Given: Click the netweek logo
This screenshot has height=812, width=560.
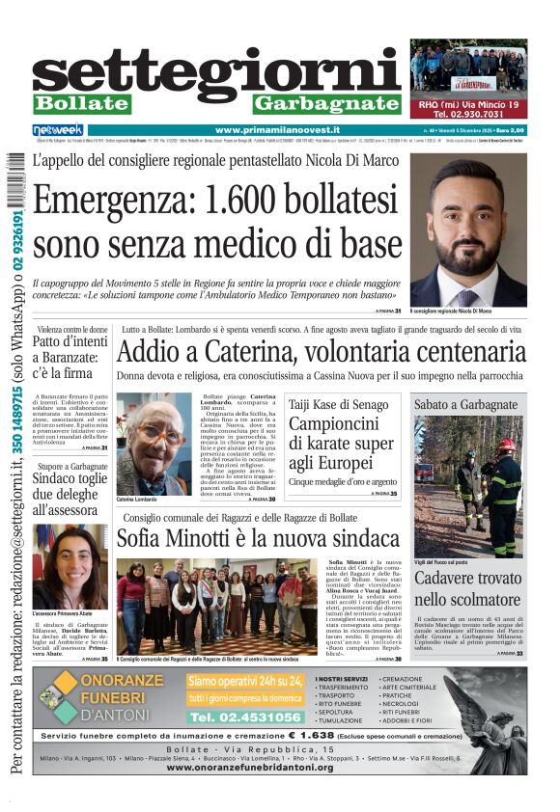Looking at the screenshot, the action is tap(58, 129).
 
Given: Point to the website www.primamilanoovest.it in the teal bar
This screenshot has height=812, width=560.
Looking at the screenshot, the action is tap(277, 129).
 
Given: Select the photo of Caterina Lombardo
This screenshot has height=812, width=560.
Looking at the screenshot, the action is tap(154, 444).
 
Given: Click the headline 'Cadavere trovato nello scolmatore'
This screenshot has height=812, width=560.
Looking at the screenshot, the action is tap(468, 589).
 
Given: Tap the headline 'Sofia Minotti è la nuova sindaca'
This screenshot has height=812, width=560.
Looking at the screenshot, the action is tap(258, 538).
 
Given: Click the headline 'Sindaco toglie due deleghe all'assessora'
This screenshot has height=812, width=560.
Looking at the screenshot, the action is tap(70, 492).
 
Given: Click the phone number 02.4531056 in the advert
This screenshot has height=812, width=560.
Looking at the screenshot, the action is tap(244, 717).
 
